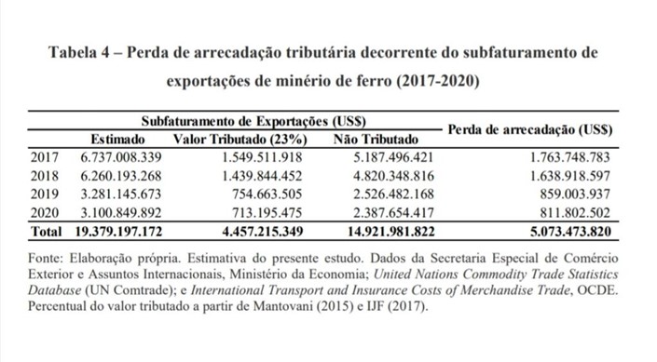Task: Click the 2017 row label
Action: click(x=45, y=157)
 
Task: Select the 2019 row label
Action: click(x=45, y=194)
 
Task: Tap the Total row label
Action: click(x=46, y=232)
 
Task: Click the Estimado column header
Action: click(x=117, y=139)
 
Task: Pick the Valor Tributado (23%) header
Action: click(x=240, y=140)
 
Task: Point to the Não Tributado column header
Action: click(x=376, y=139)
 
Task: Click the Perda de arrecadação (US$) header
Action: click(x=530, y=129)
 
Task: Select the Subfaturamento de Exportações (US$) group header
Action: click(x=253, y=121)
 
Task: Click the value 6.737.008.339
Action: click(x=121, y=157)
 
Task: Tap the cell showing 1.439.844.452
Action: click(x=262, y=176)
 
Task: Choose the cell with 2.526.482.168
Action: click(x=393, y=194)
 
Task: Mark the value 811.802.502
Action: click(x=575, y=213)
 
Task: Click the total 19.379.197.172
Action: click(x=118, y=232)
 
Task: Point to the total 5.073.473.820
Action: click(x=570, y=232)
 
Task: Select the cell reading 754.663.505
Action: click(x=267, y=194)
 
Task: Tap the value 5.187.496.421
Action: click(x=393, y=157)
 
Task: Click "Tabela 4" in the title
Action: click(x=79, y=53)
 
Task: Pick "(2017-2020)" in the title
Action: click(x=438, y=80)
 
